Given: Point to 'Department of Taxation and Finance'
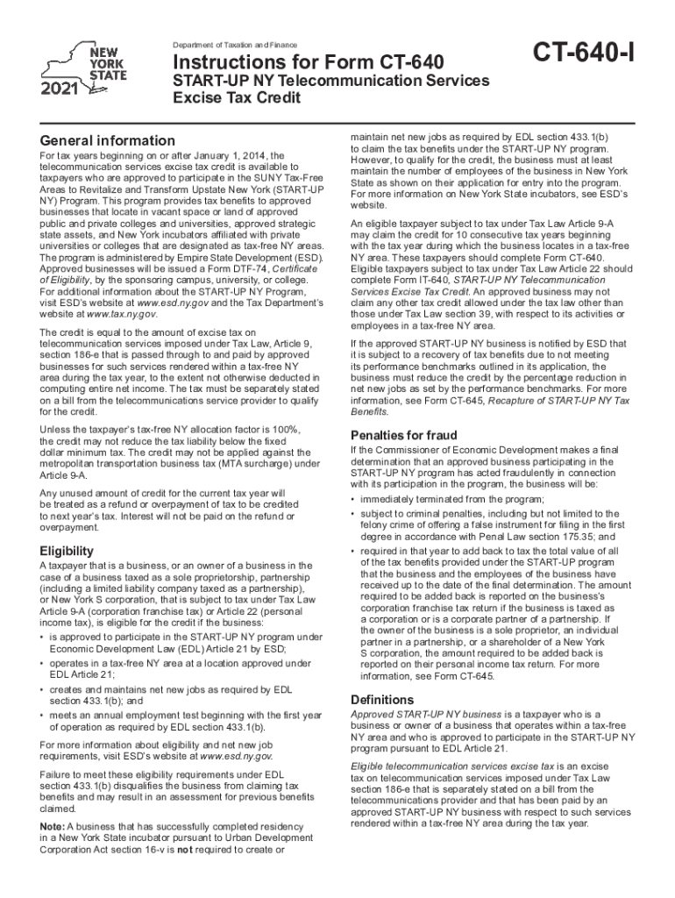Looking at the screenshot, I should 235,46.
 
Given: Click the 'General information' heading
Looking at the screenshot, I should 108,140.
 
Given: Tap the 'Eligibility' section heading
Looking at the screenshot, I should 67,551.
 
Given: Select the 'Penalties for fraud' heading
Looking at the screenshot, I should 403,435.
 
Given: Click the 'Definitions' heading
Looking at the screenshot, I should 382,700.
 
